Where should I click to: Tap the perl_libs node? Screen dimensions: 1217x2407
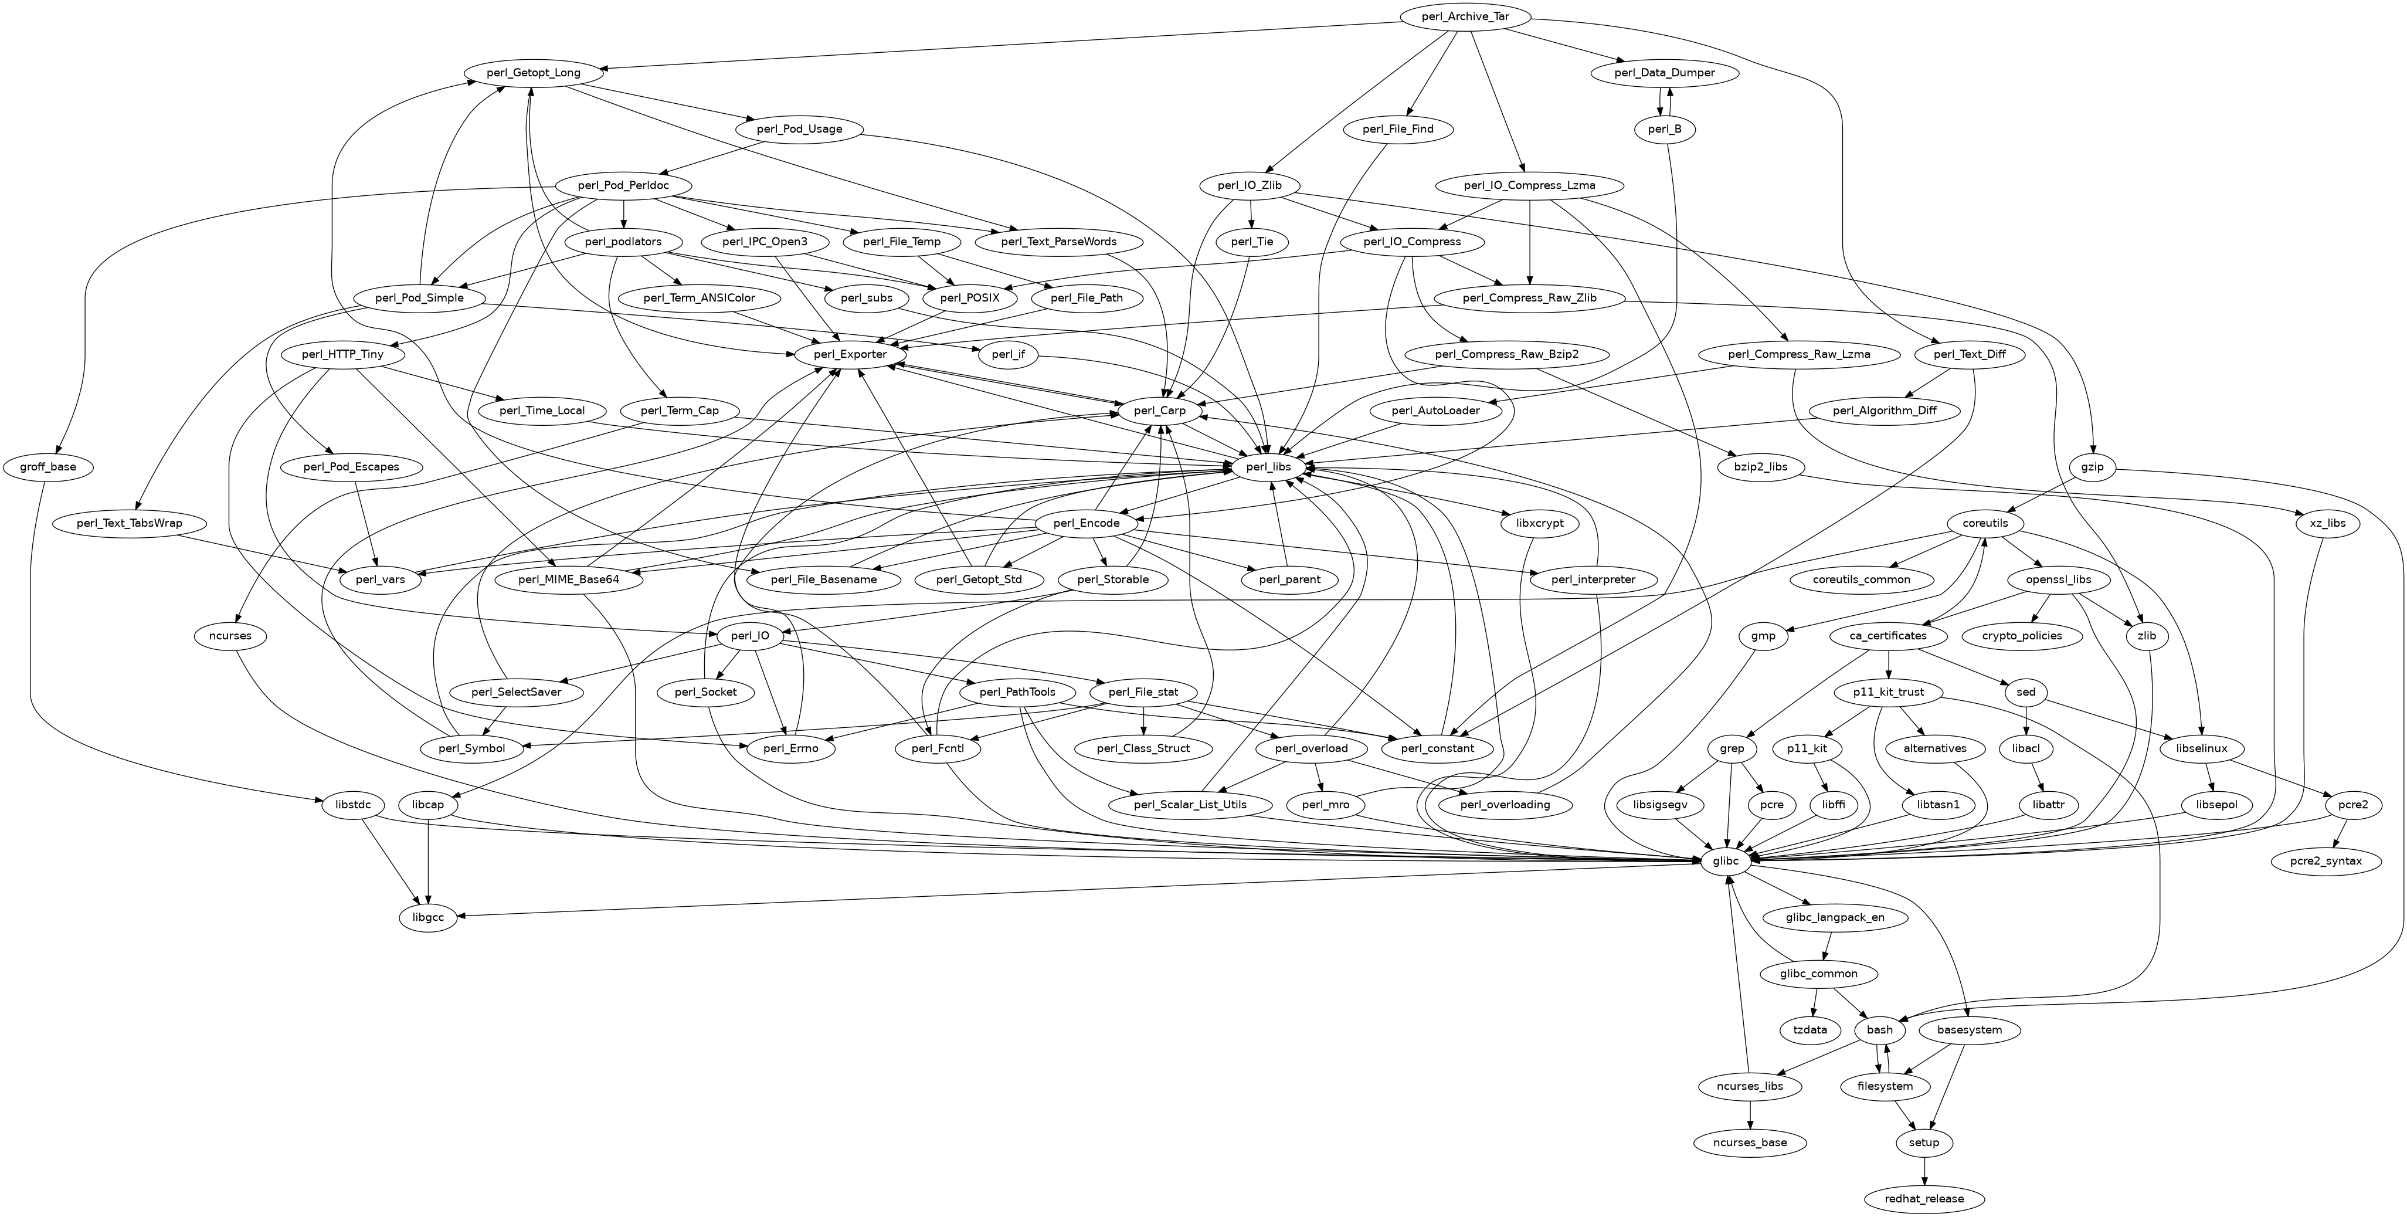point(1268,466)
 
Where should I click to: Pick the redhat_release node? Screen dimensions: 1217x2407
point(1925,1198)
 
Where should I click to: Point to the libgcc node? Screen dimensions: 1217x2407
point(427,918)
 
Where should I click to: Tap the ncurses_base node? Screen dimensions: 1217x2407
point(1750,1143)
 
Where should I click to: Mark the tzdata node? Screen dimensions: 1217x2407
point(1810,1030)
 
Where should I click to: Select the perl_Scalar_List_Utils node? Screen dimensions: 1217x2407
point(1190,805)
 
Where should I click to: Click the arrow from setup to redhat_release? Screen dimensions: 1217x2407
point(1925,1170)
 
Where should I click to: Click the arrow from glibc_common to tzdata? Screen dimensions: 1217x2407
point(1812,1002)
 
